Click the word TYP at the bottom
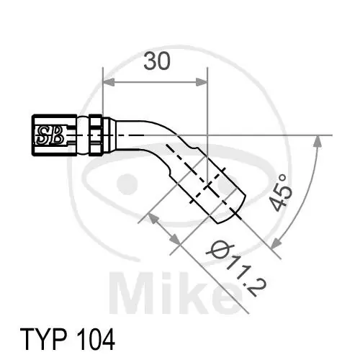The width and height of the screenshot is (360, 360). tap(41, 338)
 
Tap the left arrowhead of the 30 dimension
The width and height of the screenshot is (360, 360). tap(108, 82)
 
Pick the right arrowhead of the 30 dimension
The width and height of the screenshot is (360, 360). tap(203, 82)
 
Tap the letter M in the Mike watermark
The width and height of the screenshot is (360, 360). tap(137, 292)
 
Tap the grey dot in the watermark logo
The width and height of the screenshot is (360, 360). tap(129, 180)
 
